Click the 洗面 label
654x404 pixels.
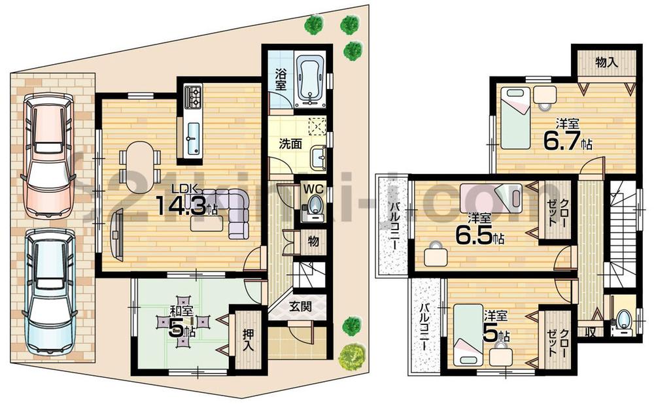[292, 144]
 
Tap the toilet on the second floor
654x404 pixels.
[623, 321]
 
